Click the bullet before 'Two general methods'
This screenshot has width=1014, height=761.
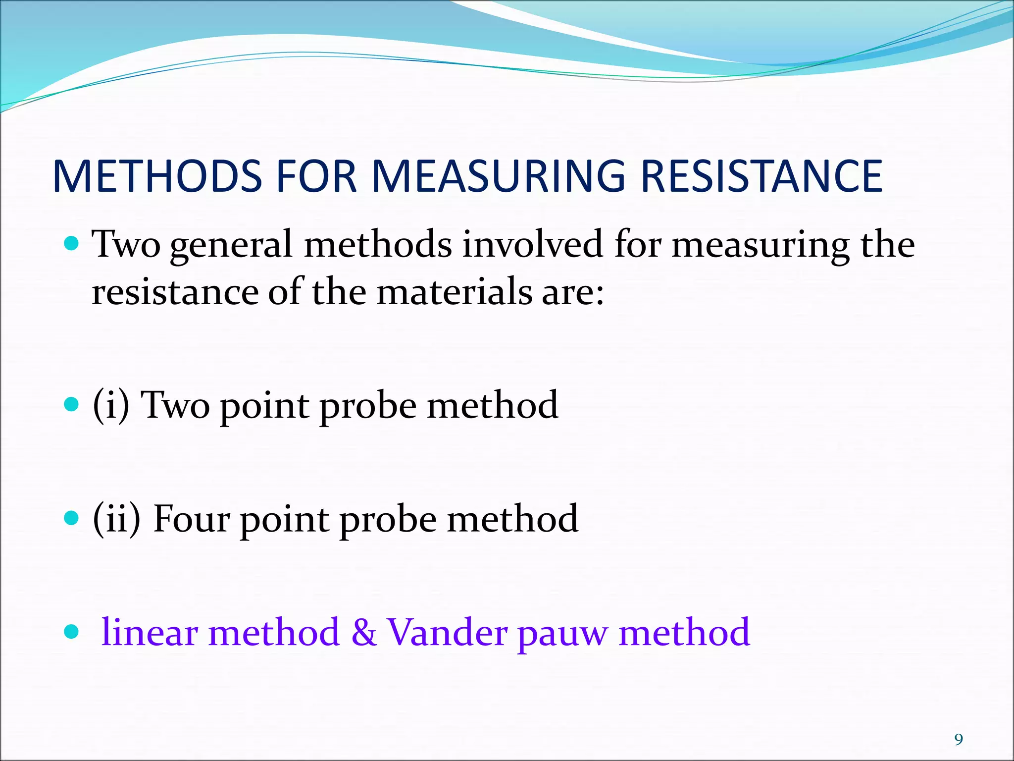coord(72,244)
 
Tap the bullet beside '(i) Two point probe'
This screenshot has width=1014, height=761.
coord(72,405)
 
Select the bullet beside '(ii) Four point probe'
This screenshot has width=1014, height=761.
coord(72,518)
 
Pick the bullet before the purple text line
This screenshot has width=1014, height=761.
coord(72,632)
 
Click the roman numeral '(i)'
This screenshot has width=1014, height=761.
coord(111,405)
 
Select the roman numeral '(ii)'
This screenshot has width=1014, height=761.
coord(117,519)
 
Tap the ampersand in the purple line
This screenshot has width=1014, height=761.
coord(363,633)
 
